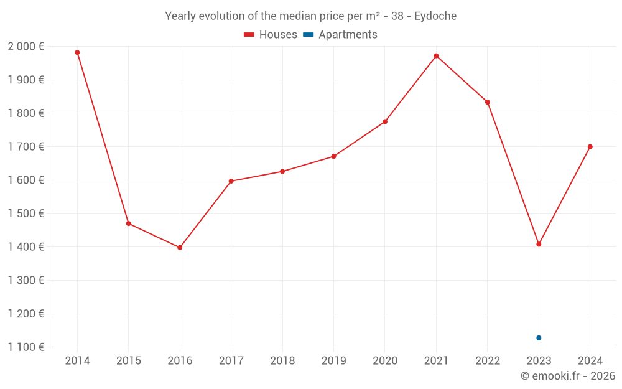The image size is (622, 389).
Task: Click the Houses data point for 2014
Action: [x=77, y=52]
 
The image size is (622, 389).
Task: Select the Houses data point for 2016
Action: [x=180, y=248]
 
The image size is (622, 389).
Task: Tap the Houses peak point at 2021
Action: [x=436, y=56]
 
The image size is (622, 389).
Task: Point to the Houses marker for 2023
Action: [x=539, y=244]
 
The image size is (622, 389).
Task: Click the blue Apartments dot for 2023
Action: [x=539, y=338]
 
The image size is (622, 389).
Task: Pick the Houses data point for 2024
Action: [x=590, y=147]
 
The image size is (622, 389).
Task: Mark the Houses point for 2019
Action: [x=333, y=156]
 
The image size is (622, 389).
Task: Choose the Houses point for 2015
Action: [x=129, y=223]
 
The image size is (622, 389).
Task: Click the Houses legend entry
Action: [x=271, y=35]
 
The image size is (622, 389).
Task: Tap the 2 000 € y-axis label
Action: [x=26, y=47]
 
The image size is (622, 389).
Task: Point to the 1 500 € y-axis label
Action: [x=26, y=213]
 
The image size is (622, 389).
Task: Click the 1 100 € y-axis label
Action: [x=26, y=347]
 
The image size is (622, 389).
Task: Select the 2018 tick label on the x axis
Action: [x=282, y=361]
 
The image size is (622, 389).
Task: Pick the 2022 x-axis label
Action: [x=488, y=361]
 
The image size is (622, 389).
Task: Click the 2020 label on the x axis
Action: [x=385, y=361]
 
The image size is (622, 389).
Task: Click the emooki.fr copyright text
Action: [x=567, y=376]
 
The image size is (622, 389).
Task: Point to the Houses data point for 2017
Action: [x=231, y=181]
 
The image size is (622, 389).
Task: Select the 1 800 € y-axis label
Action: [x=26, y=113]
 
